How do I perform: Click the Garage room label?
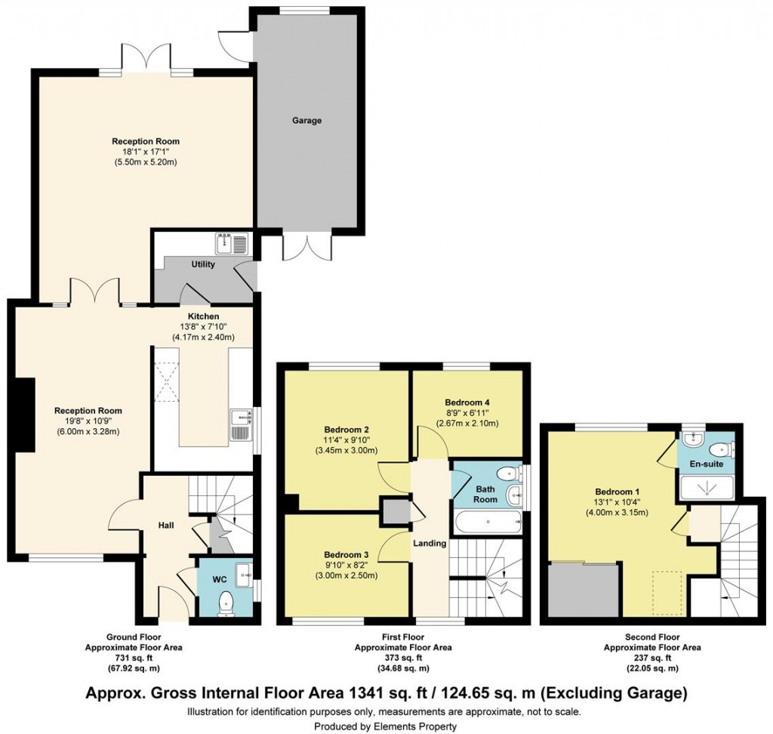307,121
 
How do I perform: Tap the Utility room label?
203,264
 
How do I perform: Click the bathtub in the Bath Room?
488,521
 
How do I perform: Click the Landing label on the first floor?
430,543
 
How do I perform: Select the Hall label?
166,525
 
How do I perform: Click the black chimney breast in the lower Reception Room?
25,415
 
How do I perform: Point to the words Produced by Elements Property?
386,726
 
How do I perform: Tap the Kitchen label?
203,316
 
